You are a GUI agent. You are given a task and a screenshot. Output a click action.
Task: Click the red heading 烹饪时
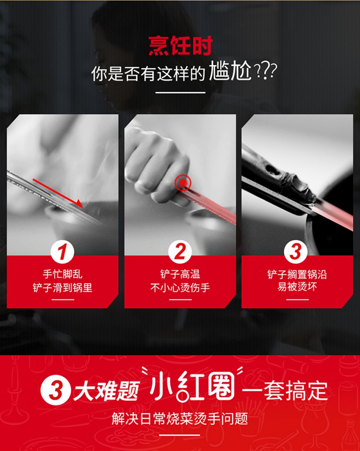point(180,45)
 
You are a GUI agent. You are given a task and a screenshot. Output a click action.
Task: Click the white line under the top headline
point(180,93)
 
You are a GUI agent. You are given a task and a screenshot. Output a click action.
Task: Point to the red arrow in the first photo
point(58,193)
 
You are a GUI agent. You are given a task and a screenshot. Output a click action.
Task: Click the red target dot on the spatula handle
point(183,183)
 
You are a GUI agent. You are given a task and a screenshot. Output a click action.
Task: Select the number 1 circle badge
point(62,252)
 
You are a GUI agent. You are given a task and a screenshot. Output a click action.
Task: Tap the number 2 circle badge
point(180,252)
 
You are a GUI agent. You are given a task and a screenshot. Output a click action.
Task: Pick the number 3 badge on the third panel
point(296,252)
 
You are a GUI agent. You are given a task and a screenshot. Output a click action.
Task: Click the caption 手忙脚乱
point(63,274)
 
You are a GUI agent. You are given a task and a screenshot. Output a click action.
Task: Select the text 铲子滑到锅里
point(63,287)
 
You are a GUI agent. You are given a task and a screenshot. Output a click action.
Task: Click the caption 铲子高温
point(180,274)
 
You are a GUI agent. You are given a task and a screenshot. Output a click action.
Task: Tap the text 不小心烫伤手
point(180,287)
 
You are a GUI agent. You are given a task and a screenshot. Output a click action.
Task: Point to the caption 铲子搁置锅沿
point(297,274)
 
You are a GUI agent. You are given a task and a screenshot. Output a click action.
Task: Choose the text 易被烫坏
point(297,287)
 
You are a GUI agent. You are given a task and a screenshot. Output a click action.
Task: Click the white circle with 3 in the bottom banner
point(55,391)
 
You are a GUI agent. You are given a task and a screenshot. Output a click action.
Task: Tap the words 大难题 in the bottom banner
point(107,391)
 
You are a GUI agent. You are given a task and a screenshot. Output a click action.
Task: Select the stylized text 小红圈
point(192,387)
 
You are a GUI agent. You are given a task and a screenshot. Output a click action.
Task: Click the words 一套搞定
point(285,391)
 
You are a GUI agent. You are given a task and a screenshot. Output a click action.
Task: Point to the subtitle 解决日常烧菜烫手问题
point(180,419)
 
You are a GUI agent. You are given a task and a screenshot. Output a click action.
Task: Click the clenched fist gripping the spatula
point(157,167)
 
